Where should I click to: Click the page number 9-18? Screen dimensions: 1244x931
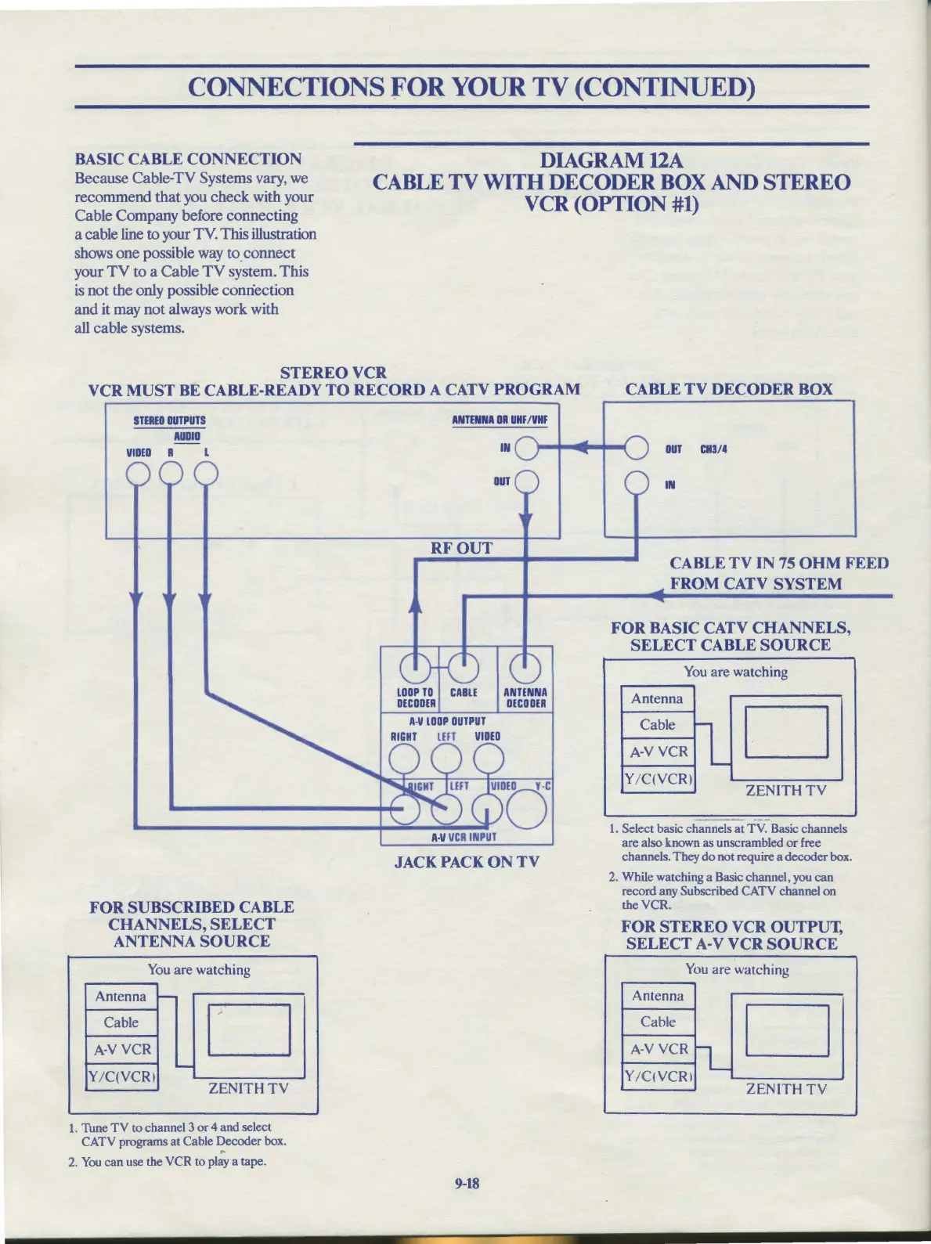pyautogui.click(x=467, y=1183)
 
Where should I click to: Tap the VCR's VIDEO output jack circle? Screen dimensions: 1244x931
pyautogui.click(x=139, y=474)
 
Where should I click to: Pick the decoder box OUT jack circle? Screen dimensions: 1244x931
pyautogui.click(x=636, y=449)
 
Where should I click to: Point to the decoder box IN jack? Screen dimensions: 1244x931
pyautogui.click(x=636, y=483)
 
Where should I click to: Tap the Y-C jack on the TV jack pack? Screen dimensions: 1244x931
pyautogui.click(x=529, y=810)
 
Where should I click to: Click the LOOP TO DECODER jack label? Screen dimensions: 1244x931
pyautogui.click(x=415, y=698)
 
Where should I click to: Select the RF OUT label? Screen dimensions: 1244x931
pyautogui.click(x=461, y=548)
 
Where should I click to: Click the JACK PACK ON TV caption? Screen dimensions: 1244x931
pyautogui.click(x=467, y=862)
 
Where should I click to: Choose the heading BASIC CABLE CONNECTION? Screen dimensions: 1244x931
pyautogui.click(x=188, y=159)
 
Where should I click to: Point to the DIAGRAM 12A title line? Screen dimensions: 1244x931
pyautogui.click(x=612, y=160)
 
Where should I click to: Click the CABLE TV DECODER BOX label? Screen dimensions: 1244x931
pyautogui.click(x=728, y=389)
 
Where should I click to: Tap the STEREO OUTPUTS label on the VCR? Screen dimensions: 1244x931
pyautogui.click(x=170, y=420)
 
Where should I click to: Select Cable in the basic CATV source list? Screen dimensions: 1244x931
pyautogui.click(x=658, y=725)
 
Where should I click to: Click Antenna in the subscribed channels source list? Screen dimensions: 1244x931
pyautogui.click(x=121, y=997)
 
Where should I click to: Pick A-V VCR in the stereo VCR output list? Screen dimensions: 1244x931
pyautogui.click(x=659, y=1049)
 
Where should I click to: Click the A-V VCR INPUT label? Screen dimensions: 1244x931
pyautogui.click(x=464, y=837)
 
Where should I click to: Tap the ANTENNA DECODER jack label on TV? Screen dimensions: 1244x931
pyautogui.click(x=525, y=698)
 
